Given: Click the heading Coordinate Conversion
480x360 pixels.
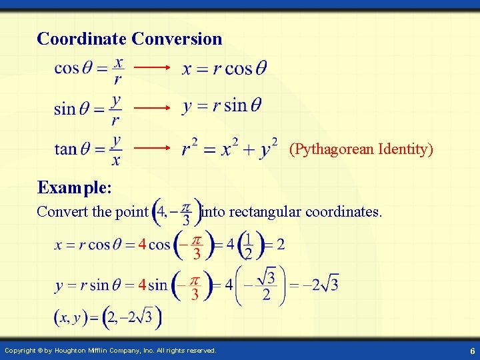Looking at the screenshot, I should click(x=129, y=39).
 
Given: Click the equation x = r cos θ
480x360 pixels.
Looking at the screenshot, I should click(x=224, y=69).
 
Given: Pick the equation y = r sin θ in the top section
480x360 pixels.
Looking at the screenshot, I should click(x=222, y=106).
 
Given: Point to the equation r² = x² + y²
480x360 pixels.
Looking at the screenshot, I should click(x=230, y=147).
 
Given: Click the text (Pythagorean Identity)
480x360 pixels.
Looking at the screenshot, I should click(x=361, y=149).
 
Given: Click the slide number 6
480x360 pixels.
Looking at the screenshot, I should click(x=471, y=351).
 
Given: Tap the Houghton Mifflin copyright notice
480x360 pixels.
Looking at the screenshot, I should click(x=110, y=350).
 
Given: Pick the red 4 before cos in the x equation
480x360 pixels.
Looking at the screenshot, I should click(x=141, y=245).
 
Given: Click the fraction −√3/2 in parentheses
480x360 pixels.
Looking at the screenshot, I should click(x=261, y=285).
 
